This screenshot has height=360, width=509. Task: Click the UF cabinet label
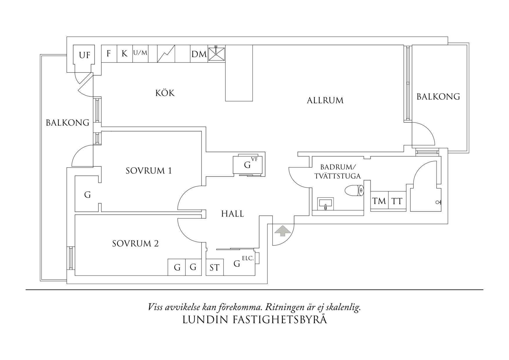pyautogui.click(x=84, y=55)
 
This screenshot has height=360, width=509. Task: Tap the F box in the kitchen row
pyautogui.click(x=109, y=53)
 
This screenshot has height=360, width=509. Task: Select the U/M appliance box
pyautogui.click(x=140, y=53)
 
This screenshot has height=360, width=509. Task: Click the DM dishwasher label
pyautogui.click(x=199, y=54)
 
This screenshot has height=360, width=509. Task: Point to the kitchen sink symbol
pyautogui.click(x=216, y=54)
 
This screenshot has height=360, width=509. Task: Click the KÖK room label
pyautogui.click(x=165, y=93)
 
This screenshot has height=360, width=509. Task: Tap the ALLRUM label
pyautogui.click(x=325, y=100)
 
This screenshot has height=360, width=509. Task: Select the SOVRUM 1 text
pyautogui.click(x=149, y=171)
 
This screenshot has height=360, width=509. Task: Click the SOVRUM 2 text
pyautogui.click(x=136, y=243)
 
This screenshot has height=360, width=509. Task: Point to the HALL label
pyautogui.click(x=232, y=214)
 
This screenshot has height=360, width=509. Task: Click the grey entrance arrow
pyautogui.click(x=283, y=231)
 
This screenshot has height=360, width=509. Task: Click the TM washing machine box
pyautogui.click(x=379, y=201)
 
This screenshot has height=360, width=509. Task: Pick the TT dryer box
pyautogui.click(x=397, y=201)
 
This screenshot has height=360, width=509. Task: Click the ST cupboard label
pyautogui.click(x=214, y=267)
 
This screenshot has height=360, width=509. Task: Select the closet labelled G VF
pyautogui.click(x=249, y=165)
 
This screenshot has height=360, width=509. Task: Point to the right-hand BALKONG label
pyautogui.click(x=438, y=97)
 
